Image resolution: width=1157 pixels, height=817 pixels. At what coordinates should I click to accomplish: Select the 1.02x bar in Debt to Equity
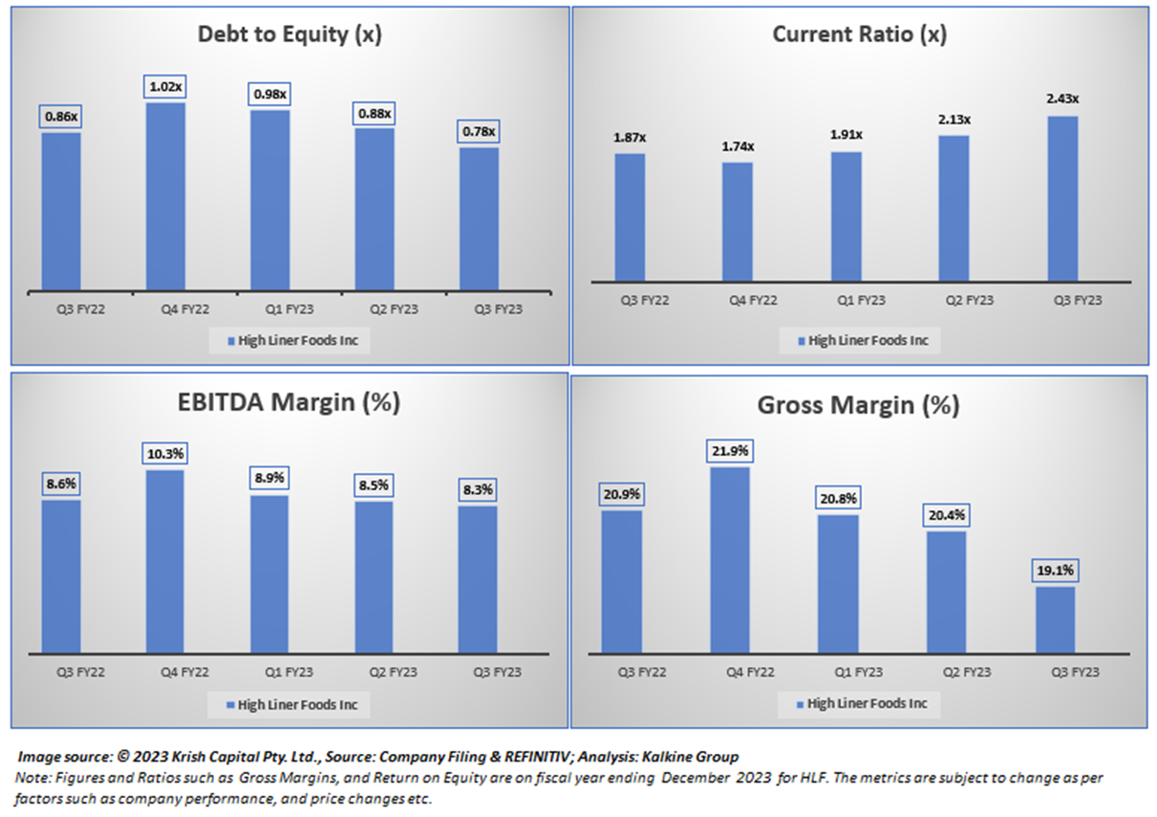(165, 196)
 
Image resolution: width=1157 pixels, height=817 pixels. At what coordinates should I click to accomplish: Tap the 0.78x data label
(478, 132)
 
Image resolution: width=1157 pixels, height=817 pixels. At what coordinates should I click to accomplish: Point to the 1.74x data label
(737, 146)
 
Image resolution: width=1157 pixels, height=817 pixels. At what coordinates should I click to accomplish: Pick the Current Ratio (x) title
(859, 34)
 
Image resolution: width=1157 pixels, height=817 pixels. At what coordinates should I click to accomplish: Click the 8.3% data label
(478, 490)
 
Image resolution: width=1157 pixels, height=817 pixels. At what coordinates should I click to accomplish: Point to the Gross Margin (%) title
(858, 405)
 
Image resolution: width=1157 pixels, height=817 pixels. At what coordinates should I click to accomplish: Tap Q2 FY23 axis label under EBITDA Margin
(374, 672)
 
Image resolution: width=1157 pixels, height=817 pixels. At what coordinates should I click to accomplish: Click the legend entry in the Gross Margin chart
(861, 704)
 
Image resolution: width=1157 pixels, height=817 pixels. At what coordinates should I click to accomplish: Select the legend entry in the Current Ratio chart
(861, 340)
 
